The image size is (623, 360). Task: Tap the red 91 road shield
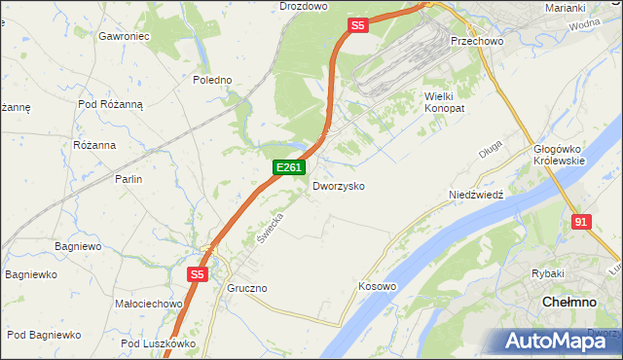581,222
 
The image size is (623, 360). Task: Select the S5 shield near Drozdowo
357,26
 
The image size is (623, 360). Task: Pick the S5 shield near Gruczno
197,275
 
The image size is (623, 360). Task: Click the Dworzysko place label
338,185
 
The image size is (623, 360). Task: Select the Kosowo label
377,286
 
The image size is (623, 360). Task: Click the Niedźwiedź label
475,195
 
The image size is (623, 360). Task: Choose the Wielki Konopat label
445,102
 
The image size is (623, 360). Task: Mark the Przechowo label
474,42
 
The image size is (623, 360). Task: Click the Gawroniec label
123,36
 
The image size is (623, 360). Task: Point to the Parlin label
128,179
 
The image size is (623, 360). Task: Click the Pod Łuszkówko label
159,343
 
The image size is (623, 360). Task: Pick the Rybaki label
548,274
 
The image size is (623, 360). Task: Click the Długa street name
490,149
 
